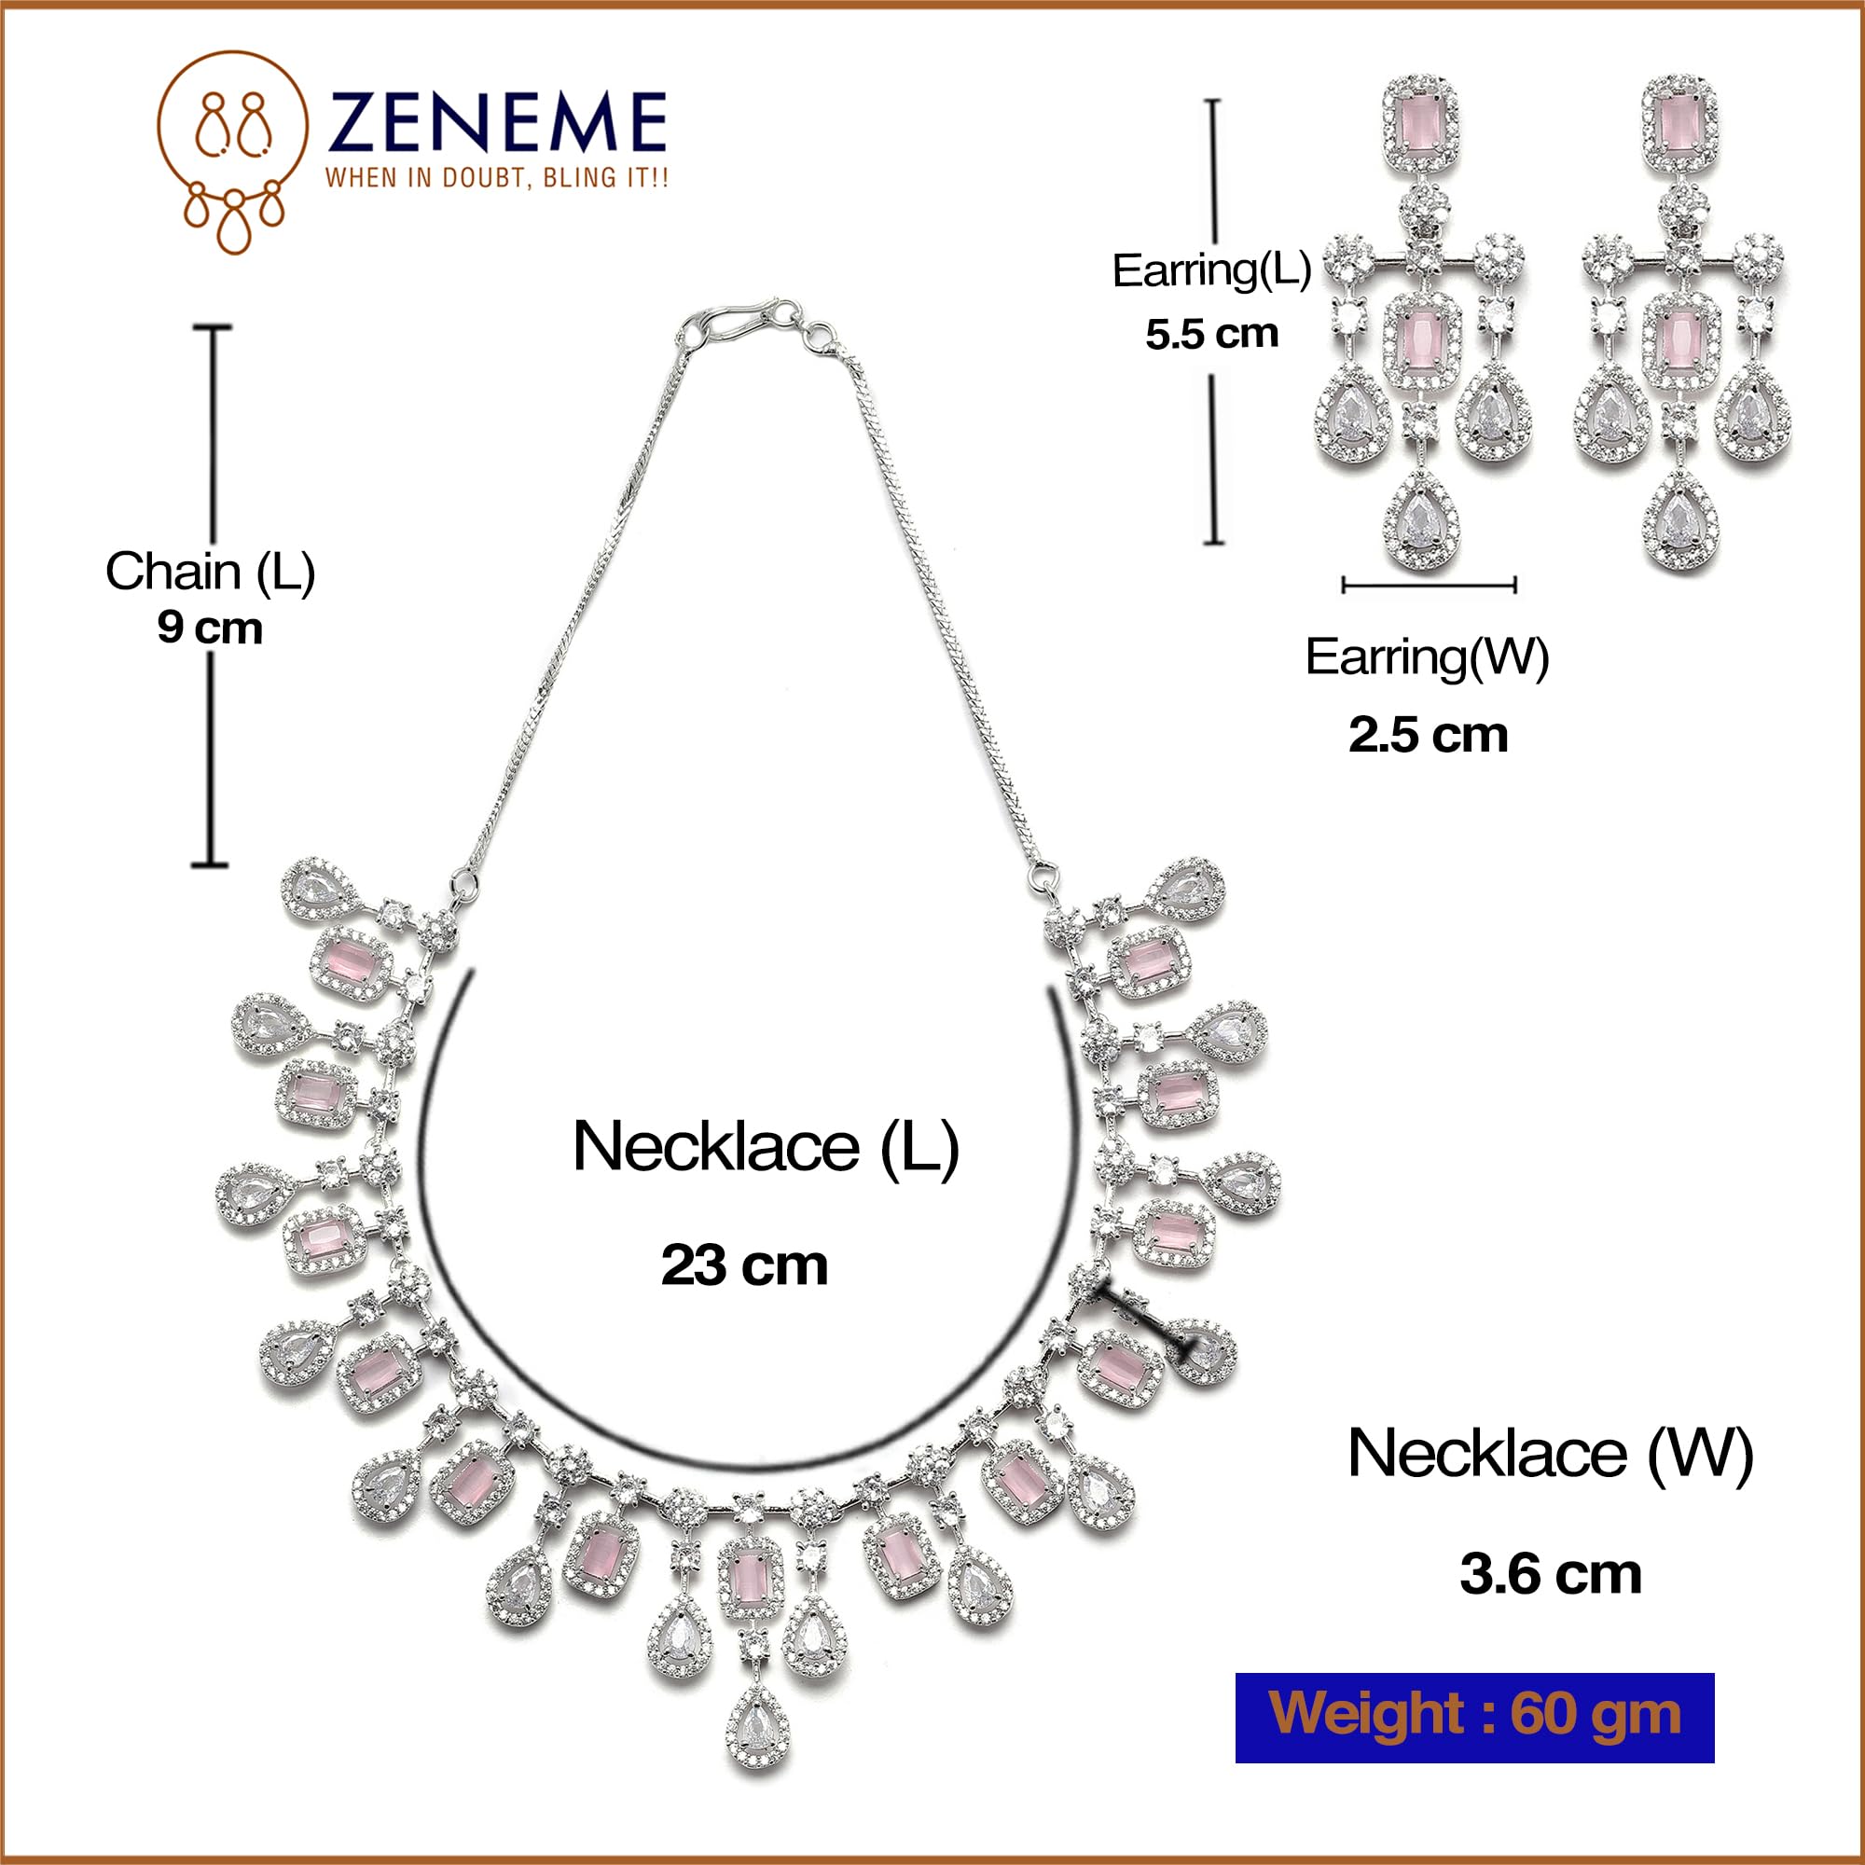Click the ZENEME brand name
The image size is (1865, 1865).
(496, 121)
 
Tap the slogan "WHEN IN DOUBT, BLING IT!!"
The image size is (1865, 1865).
(496, 177)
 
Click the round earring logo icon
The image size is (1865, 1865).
(232, 152)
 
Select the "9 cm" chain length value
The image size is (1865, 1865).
(210, 629)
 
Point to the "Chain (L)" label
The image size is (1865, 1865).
(210, 572)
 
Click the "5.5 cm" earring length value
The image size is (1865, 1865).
(1211, 334)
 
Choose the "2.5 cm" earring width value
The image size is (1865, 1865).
(1428, 735)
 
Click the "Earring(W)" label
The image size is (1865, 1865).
(1427, 657)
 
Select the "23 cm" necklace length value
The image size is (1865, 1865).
(744, 1265)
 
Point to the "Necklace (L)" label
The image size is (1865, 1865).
(766, 1147)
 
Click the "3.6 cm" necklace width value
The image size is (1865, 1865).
(1551, 1574)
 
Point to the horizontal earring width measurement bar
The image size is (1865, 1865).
(1429, 585)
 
